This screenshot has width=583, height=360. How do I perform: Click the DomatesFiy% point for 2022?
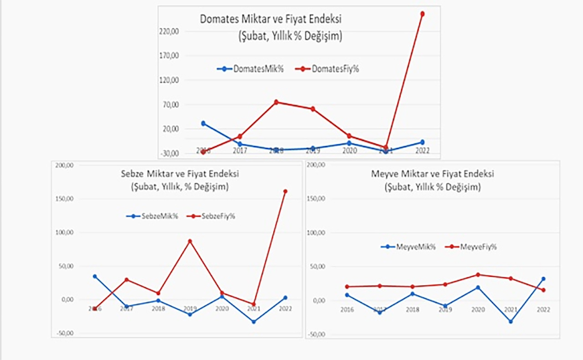[x=423, y=14]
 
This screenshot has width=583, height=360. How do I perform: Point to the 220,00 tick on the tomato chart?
[x=170, y=31]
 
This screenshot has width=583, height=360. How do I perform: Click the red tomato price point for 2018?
[x=276, y=102]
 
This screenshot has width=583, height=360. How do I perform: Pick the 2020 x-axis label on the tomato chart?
[x=349, y=151]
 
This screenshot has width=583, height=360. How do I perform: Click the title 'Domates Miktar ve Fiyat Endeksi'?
[x=271, y=20]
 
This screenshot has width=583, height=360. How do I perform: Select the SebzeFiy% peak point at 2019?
[x=190, y=241]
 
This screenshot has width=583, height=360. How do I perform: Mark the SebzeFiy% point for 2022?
[x=285, y=191]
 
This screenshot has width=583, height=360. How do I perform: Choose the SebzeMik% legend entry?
[x=152, y=216]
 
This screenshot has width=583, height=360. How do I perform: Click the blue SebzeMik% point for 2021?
[x=253, y=322]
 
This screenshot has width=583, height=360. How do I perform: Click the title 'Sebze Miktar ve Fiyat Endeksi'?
[x=179, y=174]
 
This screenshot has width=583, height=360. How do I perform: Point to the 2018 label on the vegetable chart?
[x=159, y=309]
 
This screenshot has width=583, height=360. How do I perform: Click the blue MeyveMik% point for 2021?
[x=511, y=322]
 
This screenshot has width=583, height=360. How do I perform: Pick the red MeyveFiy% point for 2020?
[x=478, y=275]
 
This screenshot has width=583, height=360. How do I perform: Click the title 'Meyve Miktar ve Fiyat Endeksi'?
[x=433, y=174]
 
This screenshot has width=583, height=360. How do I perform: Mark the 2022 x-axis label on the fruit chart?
[x=543, y=309]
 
